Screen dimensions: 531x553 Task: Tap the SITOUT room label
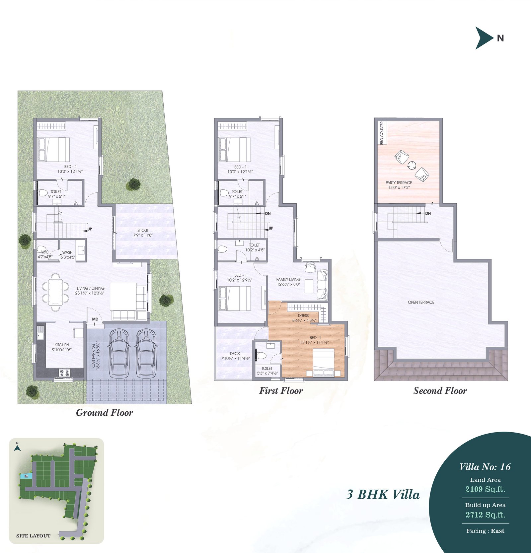143,230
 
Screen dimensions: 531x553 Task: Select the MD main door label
95,319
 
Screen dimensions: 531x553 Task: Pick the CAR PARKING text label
94,355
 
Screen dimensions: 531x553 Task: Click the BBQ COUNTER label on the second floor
382,133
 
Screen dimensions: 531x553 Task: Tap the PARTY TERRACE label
399,182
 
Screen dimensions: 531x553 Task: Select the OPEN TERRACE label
421,302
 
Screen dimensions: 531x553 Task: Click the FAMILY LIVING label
288,279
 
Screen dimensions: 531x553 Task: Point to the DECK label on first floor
235,354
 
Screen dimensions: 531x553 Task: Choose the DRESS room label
303,315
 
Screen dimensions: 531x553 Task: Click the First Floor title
281,391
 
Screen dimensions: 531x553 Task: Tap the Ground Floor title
105,413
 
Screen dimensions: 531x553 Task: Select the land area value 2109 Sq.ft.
485,489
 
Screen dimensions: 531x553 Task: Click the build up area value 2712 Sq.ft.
485,515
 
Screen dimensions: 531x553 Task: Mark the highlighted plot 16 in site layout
26,476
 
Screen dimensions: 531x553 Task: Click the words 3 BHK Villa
383,495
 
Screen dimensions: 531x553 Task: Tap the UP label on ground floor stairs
90,229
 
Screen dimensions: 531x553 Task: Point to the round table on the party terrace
412,165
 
